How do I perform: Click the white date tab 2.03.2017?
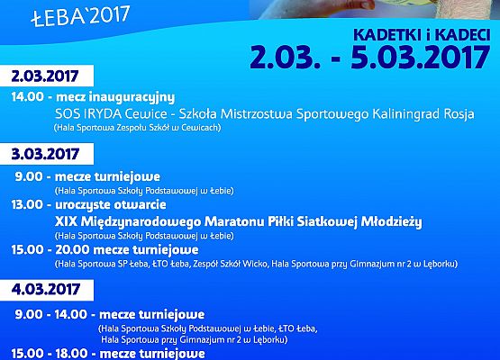(41, 75)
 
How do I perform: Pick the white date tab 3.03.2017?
(41, 156)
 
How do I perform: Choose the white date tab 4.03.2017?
(41, 291)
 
